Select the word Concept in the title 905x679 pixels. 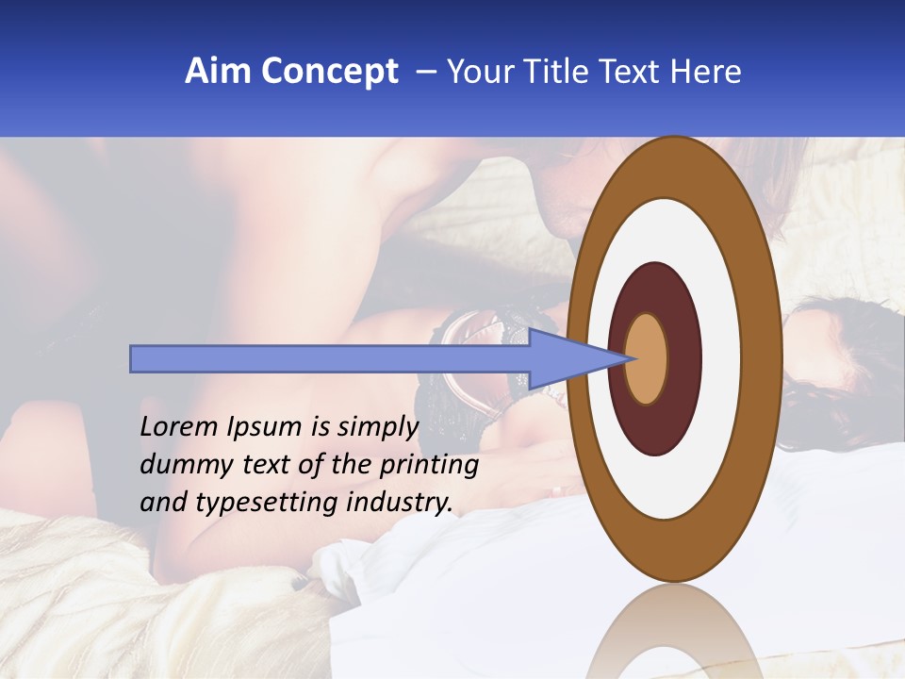(x=330, y=72)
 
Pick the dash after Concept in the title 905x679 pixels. (x=425, y=72)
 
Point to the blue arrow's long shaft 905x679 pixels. (x=330, y=358)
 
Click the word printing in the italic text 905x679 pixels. (x=429, y=466)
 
